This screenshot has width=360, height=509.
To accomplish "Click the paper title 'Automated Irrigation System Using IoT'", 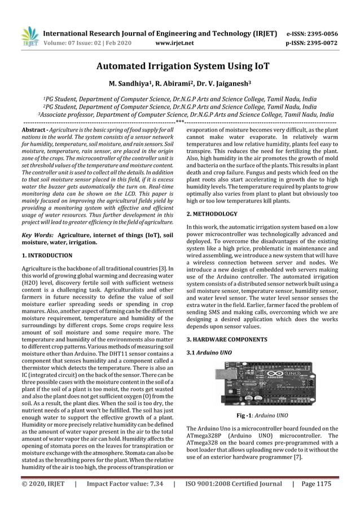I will pyautogui.click(x=179, y=67).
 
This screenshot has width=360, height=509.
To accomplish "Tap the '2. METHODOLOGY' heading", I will pyautogui.click(x=212, y=214).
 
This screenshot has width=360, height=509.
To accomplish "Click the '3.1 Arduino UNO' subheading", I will pyautogui.click(x=209, y=354).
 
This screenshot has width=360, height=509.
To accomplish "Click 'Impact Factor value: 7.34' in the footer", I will pyautogui.click(x=124, y=484).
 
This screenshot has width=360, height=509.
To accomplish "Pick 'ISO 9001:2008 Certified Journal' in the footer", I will pyautogui.click(x=233, y=484).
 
